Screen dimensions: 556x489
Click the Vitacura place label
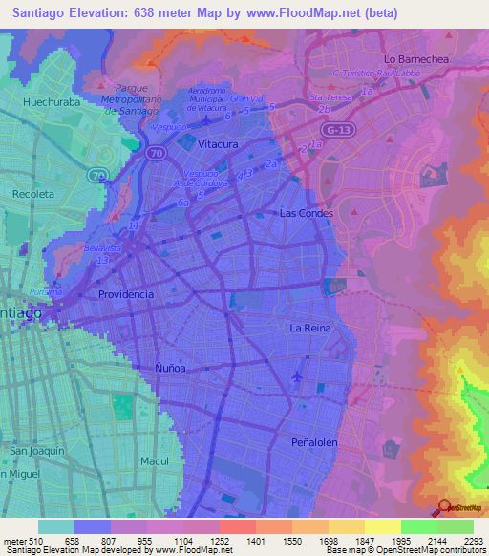(x=217, y=143)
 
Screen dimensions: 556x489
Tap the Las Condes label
(x=307, y=213)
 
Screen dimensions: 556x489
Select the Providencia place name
(x=126, y=294)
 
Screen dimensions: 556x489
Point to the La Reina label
(x=310, y=328)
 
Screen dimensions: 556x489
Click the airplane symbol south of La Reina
(x=297, y=375)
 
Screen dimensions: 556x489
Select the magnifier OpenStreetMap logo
(x=444, y=508)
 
